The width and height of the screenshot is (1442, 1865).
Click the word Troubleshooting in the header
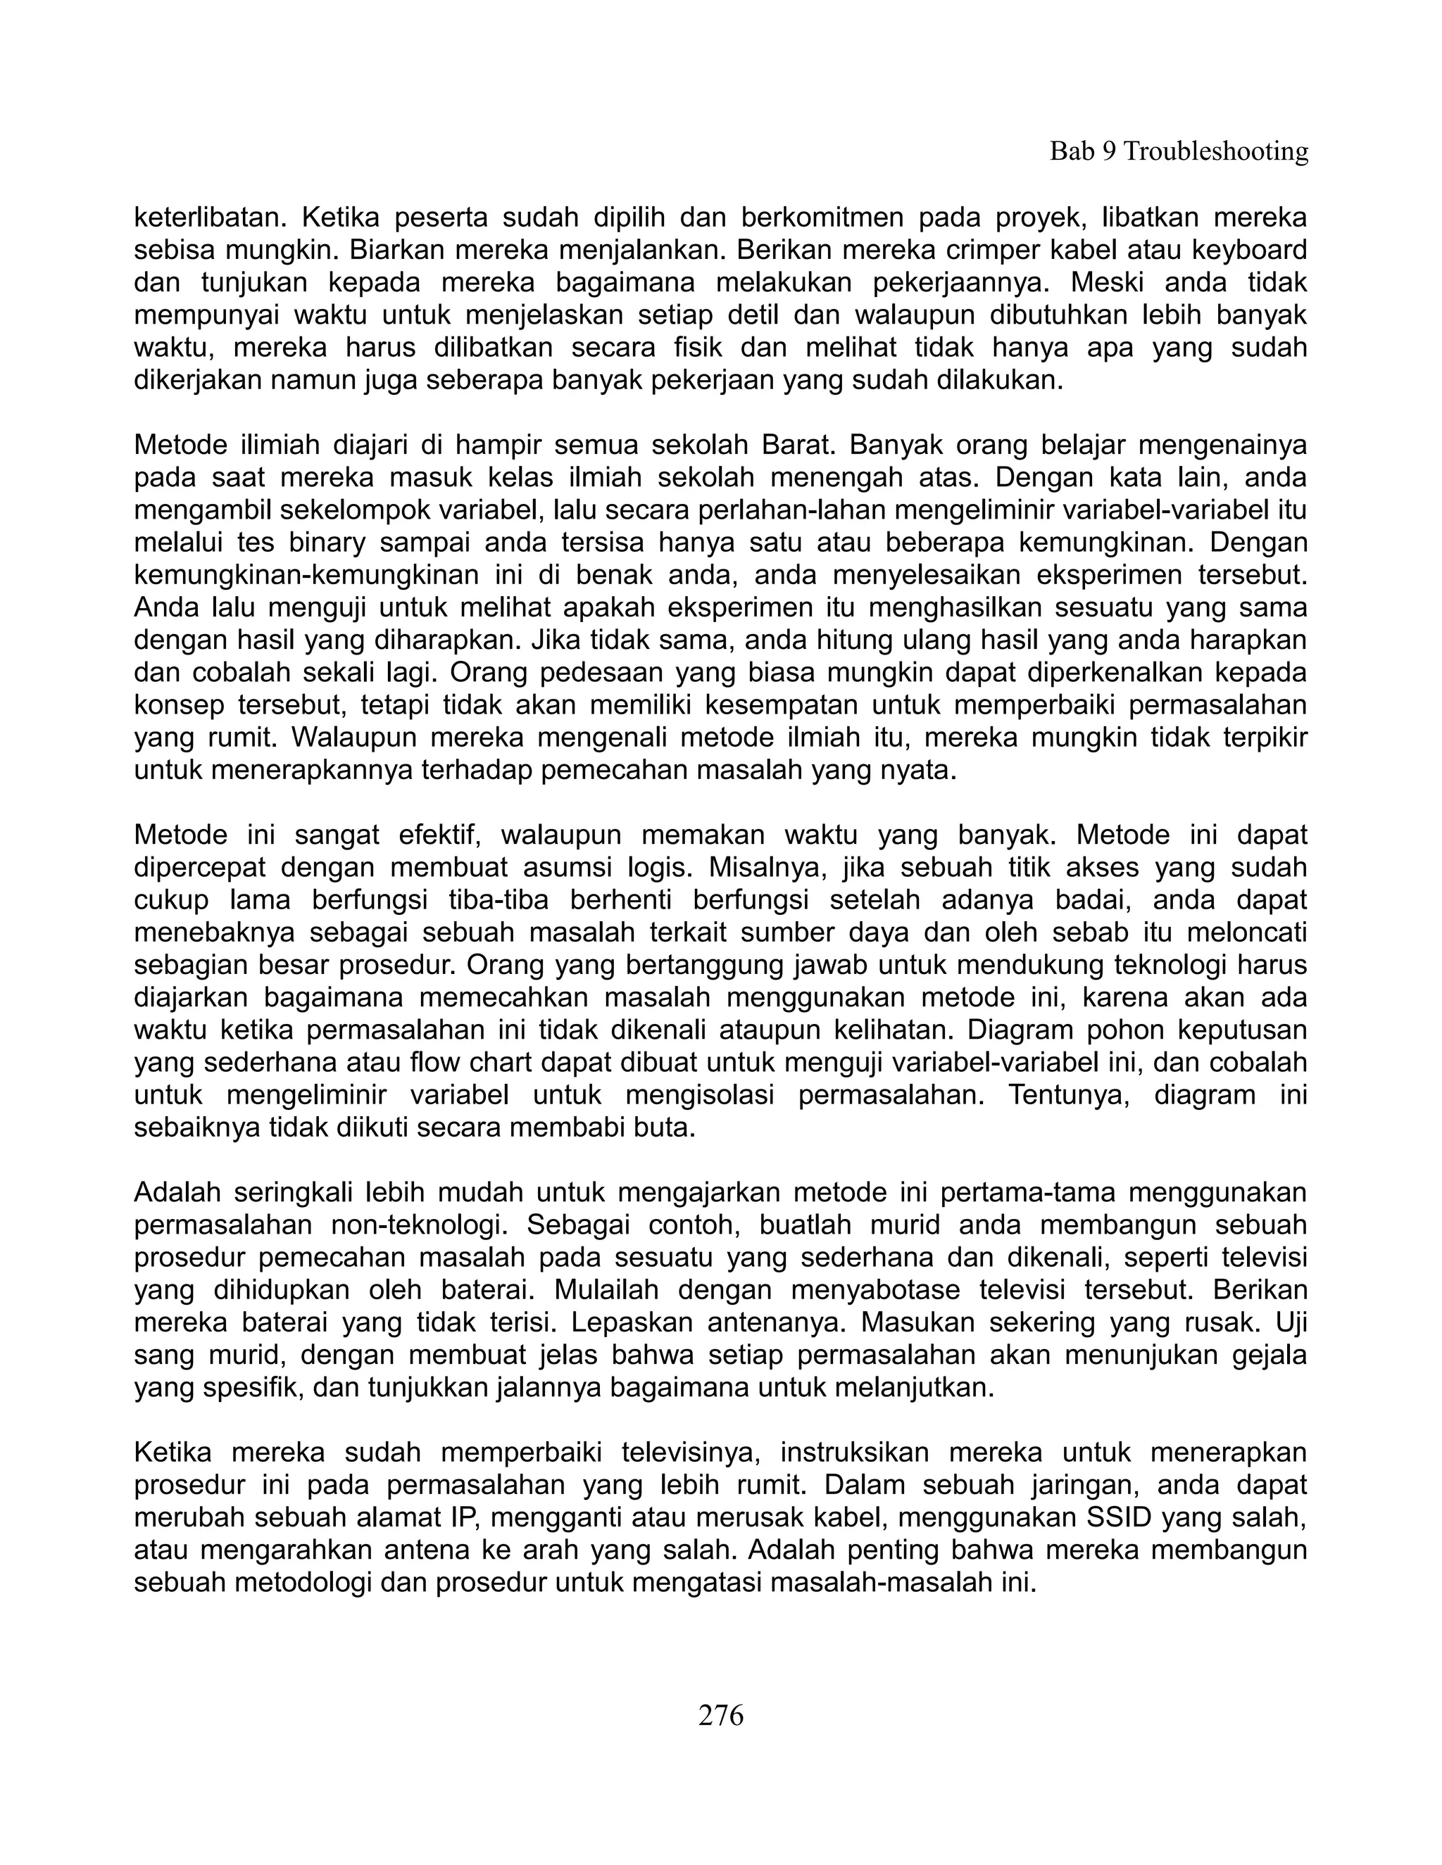pyautogui.click(x=1215, y=152)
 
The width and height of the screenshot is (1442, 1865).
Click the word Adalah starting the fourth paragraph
pyautogui.click(x=177, y=1192)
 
